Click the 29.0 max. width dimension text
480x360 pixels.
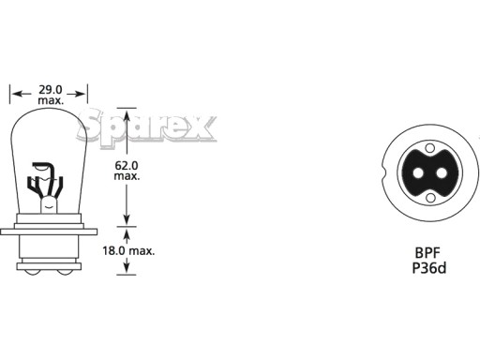(51, 95)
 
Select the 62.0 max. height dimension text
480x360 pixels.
(127, 171)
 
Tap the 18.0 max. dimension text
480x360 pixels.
(128, 250)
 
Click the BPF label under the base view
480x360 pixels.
(427, 253)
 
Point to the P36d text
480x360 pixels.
(429, 268)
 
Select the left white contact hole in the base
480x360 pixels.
(418, 172)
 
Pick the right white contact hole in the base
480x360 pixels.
(442, 172)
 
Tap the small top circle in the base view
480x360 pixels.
(430, 147)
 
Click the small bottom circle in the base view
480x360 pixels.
(430, 198)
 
